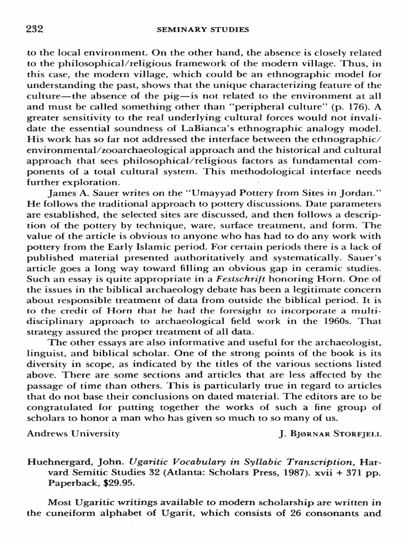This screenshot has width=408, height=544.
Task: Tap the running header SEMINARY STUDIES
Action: (203, 30)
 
